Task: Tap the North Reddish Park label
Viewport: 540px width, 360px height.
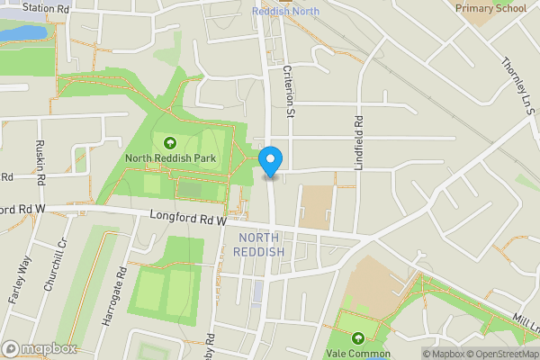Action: pos(169,159)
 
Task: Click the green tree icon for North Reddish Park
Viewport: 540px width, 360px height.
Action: pos(169,141)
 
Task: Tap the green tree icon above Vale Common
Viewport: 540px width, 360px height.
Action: pos(358,338)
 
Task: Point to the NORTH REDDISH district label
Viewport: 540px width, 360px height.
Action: pos(259,244)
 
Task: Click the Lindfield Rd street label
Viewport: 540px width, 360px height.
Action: pos(356,131)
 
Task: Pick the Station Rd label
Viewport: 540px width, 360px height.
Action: pos(47,7)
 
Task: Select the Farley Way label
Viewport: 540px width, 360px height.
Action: pos(20,278)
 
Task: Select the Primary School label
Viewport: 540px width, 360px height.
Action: pos(490,8)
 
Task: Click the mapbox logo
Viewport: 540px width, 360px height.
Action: pos(40,348)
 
